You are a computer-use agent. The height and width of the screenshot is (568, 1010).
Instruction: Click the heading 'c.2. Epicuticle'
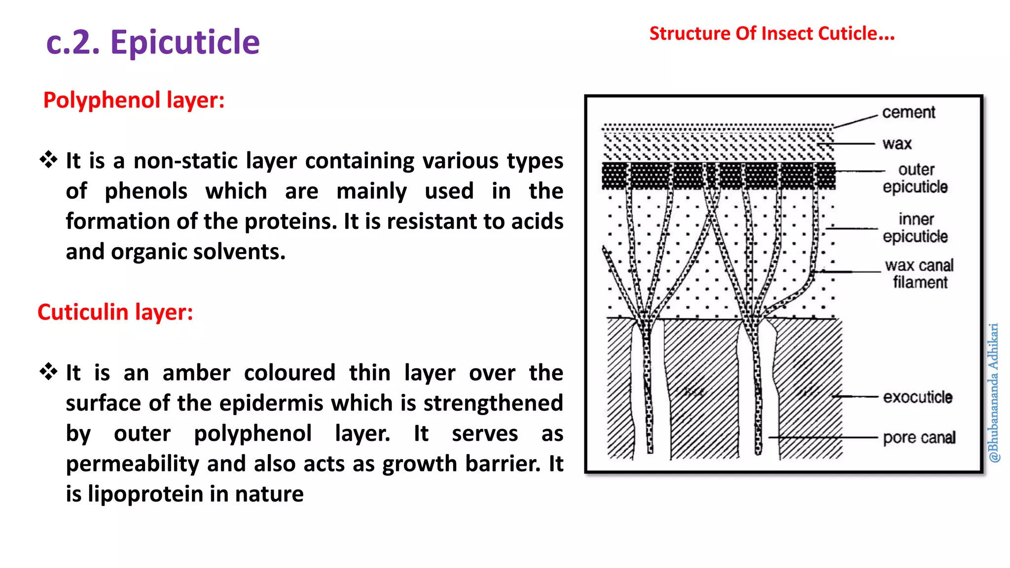[153, 42]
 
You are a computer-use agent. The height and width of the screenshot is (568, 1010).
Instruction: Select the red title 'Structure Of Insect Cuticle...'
[772, 34]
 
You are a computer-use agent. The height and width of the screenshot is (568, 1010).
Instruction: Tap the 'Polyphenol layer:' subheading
[134, 100]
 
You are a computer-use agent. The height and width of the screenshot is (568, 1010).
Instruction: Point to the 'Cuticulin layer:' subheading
[115, 312]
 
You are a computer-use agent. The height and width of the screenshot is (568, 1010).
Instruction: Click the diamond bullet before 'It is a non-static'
[48, 160]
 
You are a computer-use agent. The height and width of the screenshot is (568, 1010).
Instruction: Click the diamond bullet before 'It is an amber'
[48, 372]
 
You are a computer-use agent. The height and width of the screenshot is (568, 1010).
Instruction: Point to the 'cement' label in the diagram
[908, 112]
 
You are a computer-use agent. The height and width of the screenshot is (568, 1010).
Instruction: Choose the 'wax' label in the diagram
[897, 143]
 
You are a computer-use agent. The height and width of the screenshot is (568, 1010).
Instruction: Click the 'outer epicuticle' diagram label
[915, 178]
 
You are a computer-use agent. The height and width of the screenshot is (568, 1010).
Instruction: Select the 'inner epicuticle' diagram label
[915, 227]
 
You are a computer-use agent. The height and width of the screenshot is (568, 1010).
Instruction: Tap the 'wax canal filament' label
[919, 274]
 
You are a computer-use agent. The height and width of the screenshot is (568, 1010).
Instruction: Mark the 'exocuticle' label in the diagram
[917, 397]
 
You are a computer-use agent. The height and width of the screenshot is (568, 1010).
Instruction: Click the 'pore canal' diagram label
[919, 437]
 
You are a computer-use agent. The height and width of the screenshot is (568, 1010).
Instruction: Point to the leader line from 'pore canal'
[824, 437]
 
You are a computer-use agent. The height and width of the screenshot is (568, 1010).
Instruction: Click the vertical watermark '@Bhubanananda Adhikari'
[993, 392]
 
